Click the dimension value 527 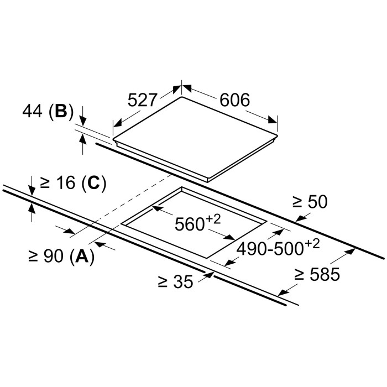143,101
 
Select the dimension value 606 236,101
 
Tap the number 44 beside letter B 34,112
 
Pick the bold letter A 82,256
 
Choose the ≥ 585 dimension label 317,274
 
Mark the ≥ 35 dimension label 175,283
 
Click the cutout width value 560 188,224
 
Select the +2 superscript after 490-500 312,243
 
